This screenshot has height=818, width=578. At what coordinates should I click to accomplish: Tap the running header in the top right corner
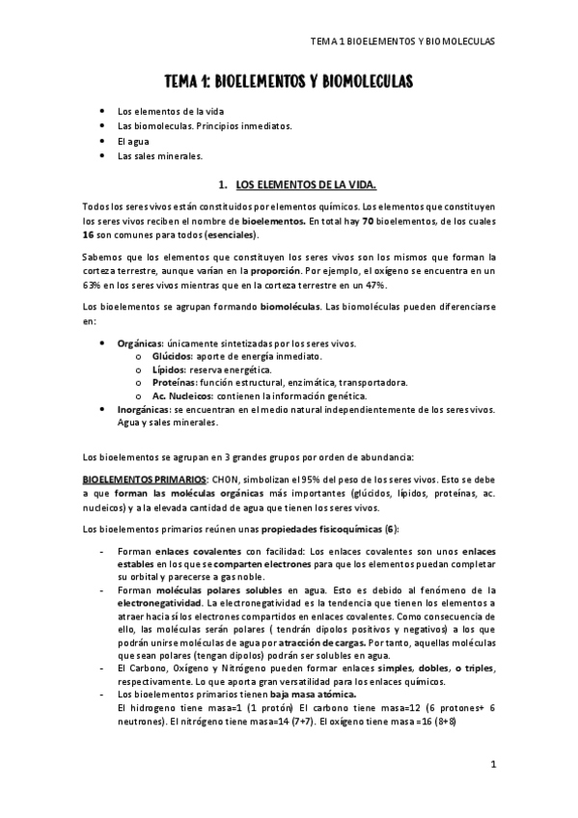point(405,42)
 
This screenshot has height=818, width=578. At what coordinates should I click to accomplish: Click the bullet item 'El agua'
point(133,141)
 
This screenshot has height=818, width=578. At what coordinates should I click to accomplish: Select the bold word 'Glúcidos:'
point(171,356)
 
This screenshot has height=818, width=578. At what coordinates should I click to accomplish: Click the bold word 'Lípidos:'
point(168,369)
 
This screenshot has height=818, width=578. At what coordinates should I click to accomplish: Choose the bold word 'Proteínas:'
point(173,382)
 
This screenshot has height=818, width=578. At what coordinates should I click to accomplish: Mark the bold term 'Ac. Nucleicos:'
point(183,395)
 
